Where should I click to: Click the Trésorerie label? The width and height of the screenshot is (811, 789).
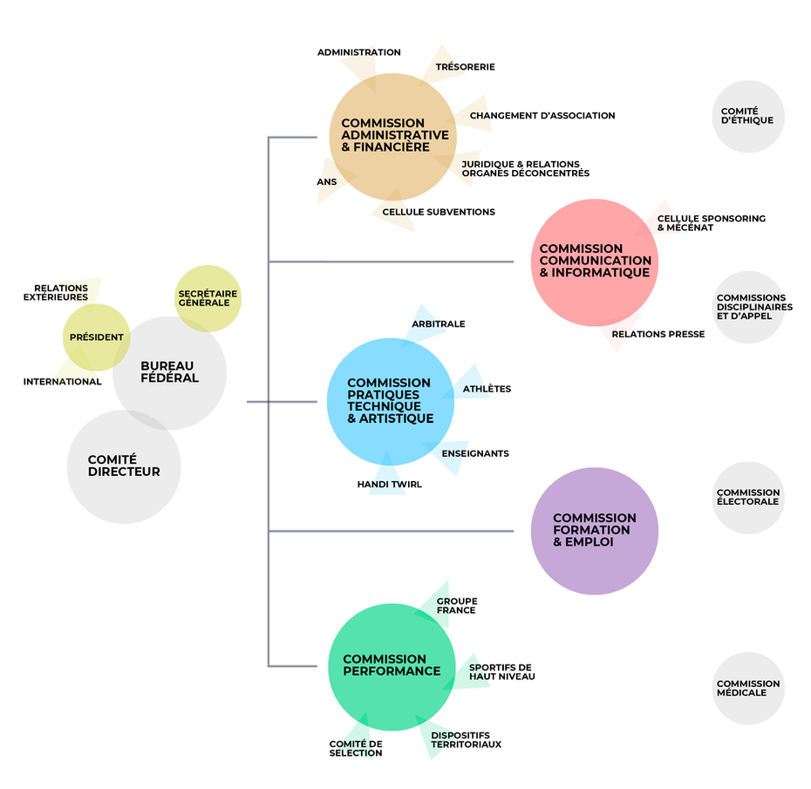pos(465,67)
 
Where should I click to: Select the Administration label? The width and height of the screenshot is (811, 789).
pos(358,52)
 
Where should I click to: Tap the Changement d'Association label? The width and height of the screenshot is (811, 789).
pos(542,115)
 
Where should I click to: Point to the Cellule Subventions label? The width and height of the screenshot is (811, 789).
pos(438,212)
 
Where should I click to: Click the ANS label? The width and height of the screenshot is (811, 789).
pos(326,182)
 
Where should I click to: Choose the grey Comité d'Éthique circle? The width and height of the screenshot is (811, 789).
pos(748,117)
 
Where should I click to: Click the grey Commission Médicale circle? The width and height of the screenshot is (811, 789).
pos(747,689)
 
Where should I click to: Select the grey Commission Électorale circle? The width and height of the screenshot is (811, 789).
pos(747,498)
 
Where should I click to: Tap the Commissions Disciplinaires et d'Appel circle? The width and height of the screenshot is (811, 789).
pos(747,307)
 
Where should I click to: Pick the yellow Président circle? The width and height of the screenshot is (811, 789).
pos(96,337)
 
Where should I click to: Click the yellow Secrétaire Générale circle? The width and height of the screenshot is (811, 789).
pos(208,298)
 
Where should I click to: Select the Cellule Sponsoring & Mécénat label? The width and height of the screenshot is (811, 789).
pos(711,223)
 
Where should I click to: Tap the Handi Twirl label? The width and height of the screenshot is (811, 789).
pos(389,484)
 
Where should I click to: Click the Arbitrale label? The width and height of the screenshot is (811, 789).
pos(439,324)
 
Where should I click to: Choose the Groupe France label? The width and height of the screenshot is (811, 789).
pos(457,606)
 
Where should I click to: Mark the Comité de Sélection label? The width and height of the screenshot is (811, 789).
pos(356,748)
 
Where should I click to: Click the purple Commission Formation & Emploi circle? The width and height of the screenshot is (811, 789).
pos(594,531)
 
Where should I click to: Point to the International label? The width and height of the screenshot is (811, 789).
pos(62,382)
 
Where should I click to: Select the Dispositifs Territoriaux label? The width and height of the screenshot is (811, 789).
pos(466,740)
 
